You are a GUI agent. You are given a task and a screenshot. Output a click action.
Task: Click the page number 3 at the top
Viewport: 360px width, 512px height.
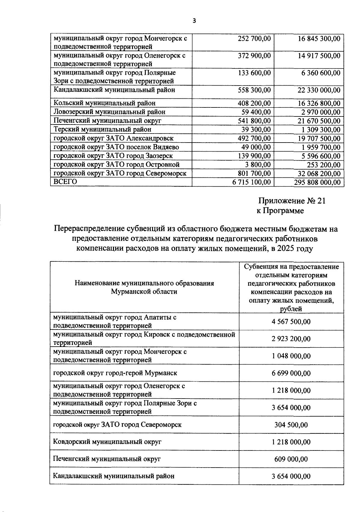point(194,21)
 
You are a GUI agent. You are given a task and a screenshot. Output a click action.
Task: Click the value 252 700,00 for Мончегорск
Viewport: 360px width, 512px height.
point(254,39)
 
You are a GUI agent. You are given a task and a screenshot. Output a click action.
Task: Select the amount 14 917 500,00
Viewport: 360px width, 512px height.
point(319,56)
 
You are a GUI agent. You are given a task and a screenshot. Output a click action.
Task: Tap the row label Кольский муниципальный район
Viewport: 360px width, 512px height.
point(104,103)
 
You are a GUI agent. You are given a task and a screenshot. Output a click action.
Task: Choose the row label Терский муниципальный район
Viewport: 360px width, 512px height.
point(102,129)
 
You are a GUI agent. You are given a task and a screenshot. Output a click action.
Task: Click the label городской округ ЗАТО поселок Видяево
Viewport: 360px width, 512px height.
point(116,147)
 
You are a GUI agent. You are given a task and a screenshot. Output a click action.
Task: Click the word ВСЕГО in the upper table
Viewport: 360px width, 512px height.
point(65,182)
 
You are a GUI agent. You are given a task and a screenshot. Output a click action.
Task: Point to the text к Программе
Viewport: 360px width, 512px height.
point(280,211)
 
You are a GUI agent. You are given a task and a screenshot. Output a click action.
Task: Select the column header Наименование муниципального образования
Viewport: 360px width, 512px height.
point(144,283)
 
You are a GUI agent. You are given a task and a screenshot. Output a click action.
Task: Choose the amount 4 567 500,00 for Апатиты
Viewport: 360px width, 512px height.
point(291,322)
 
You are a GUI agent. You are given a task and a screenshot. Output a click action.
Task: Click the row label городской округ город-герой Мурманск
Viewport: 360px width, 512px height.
point(115,373)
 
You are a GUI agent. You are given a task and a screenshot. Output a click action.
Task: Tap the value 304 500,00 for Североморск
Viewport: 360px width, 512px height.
point(291,425)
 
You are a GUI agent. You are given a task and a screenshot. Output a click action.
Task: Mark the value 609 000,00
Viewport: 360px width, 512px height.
point(291,459)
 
